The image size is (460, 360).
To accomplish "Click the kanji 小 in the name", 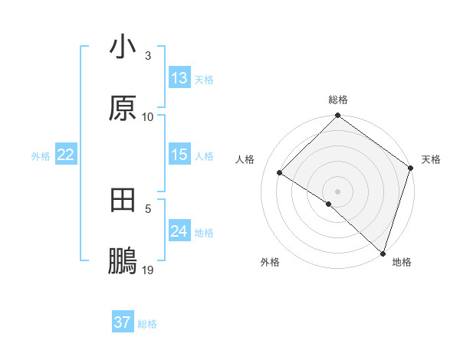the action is [123, 47].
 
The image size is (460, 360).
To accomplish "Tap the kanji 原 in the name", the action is [123, 108].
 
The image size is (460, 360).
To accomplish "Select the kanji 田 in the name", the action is [123, 201].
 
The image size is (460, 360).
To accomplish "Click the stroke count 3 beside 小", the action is [148, 56].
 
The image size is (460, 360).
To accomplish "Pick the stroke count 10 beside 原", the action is [148, 116].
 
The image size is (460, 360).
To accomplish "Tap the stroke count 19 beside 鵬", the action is [148, 270].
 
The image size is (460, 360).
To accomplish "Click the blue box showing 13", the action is [179, 78].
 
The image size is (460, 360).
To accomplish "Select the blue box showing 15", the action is [179, 155].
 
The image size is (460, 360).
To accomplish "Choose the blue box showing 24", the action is [179, 231].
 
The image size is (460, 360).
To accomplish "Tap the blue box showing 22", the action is [66, 155].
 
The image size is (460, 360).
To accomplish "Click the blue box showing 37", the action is [123, 322].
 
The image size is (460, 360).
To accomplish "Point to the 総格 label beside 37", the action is [147, 324].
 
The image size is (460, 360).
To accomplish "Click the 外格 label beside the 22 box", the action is [41, 156].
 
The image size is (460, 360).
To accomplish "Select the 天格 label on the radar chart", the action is [431, 159].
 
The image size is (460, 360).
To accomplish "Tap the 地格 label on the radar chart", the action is [402, 262].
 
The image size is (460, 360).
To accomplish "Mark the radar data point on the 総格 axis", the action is [337, 116].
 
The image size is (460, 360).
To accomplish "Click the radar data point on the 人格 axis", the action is [280, 173].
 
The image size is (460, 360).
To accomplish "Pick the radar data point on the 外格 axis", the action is [329, 204].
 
